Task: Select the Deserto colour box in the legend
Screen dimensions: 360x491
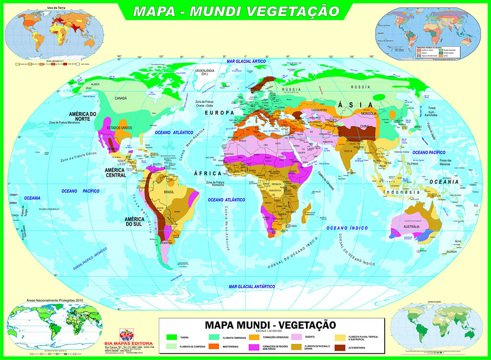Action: point(296,337)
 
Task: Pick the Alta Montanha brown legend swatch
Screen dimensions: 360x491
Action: point(340,347)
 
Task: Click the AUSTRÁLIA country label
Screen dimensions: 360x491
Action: point(412,226)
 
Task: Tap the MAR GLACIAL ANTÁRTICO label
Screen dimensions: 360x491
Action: point(252,286)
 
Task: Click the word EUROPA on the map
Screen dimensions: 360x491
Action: point(217,112)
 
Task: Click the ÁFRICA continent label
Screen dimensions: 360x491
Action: point(208,173)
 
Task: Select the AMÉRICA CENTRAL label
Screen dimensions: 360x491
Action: point(116,173)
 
